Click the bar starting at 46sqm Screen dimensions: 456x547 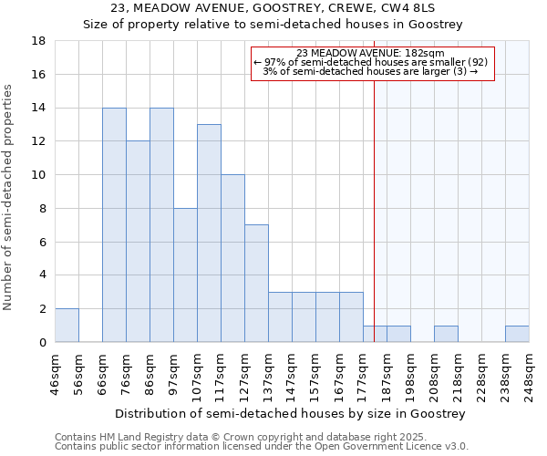[x=67, y=326]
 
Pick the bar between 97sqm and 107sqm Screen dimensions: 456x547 [x=185, y=275]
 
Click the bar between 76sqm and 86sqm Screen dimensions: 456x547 [x=138, y=242]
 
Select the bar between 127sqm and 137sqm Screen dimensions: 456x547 [x=256, y=284]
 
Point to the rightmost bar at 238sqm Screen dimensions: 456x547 [x=517, y=334]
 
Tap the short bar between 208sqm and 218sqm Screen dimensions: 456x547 [x=446, y=334]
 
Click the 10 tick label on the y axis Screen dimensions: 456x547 [x=39, y=175]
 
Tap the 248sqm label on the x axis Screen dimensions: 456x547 [x=529, y=374]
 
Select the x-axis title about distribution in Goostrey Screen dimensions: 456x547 [x=291, y=413]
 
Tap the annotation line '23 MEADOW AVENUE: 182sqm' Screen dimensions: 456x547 [x=371, y=53]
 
